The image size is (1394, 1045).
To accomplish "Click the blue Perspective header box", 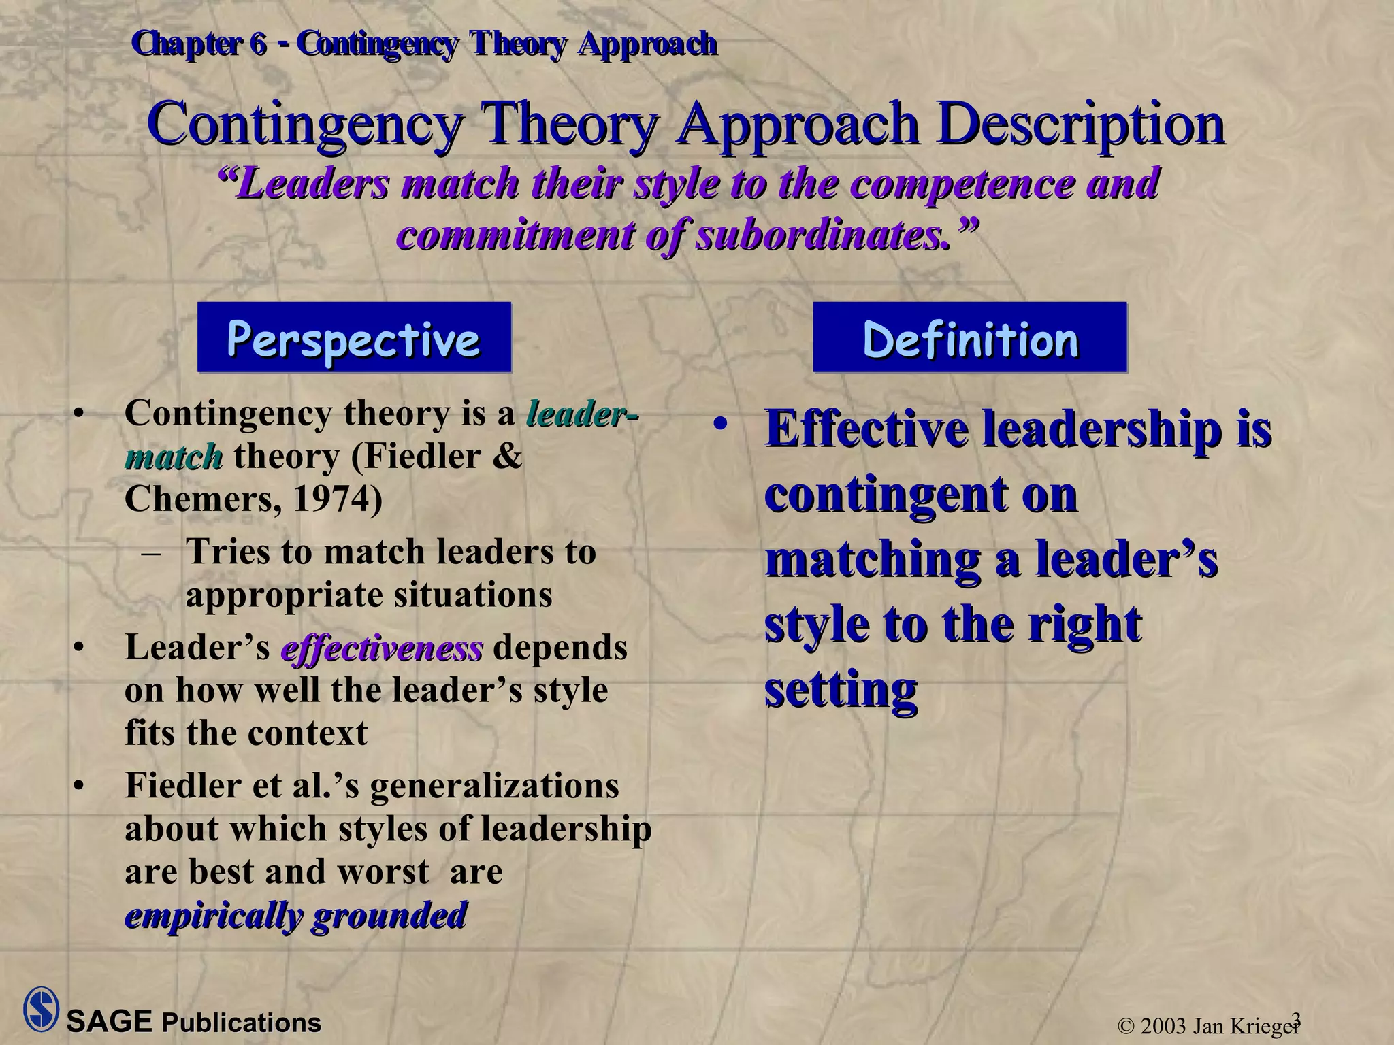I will [x=354, y=337].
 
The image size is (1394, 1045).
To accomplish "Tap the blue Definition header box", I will [x=970, y=337].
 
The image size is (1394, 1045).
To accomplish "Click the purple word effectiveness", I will [x=382, y=648].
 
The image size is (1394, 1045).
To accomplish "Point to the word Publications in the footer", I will [x=241, y=1023].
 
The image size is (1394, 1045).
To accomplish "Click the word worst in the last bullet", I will [x=387, y=872].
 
